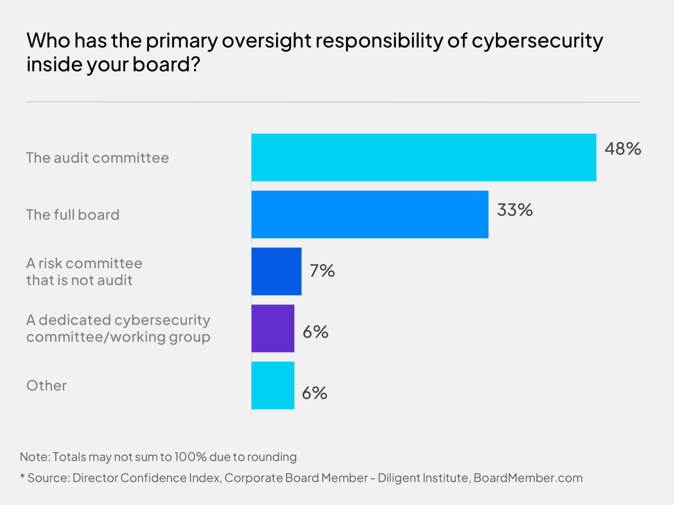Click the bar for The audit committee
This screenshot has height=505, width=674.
click(423, 157)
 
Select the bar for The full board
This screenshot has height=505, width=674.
click(369, 214)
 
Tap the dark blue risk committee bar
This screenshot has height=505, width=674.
click(276, 271)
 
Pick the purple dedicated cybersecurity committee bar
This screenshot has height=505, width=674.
click(272, 328)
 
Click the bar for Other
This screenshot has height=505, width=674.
click(272, 385)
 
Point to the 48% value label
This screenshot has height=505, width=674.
click(623, 149)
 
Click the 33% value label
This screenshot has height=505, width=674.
click(515, 210)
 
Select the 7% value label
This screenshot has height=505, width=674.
click(322, 271)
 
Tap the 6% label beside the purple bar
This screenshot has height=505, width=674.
click(315, 332)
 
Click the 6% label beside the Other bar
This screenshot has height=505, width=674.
click(315, 393)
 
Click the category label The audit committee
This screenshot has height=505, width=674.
click(97, 158)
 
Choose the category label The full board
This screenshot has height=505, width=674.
click(73, 215)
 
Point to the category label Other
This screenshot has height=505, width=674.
click(47, 386)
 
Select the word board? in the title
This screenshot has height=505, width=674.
click(166, 64)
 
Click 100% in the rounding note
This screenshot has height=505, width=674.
click(190, 457)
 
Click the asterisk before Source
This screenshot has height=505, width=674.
click(22, 477)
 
